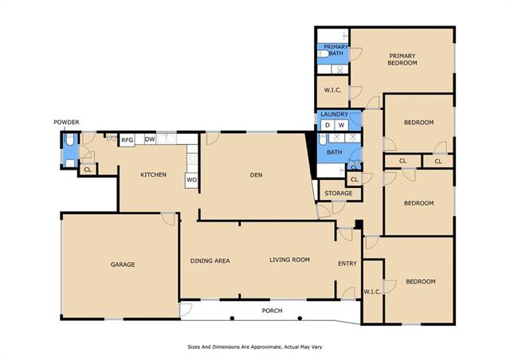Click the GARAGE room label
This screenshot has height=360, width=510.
tap(123, 264)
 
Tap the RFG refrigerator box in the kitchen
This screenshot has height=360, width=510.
tap(127, 140)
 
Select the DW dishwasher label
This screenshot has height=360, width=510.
tap(150, 139)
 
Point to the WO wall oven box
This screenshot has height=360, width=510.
tap(191, 180)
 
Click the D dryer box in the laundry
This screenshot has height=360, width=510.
tap(328, 125)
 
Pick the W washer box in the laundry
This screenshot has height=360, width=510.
tap(341, 125)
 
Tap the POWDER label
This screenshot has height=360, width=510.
tap(66, 123)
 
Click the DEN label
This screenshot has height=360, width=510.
tap(257, 175)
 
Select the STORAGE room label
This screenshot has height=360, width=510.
tap(338, 194)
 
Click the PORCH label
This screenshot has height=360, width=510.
tap(272, 311)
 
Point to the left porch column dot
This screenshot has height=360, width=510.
tap(232, 318)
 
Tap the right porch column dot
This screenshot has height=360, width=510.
tap(300, 318)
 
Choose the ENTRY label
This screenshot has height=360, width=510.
tap(347, 264)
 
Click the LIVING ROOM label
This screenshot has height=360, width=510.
tap(289, 260)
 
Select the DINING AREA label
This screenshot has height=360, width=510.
tap(210, 260)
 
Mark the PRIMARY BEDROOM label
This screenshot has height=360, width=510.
tap(402, 60)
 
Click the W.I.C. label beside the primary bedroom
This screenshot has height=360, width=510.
tap(333, 90)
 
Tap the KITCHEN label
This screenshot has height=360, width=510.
tap(154, 174)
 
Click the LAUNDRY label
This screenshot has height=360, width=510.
tap(335, 114)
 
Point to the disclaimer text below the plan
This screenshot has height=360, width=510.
tap(255, 347)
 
